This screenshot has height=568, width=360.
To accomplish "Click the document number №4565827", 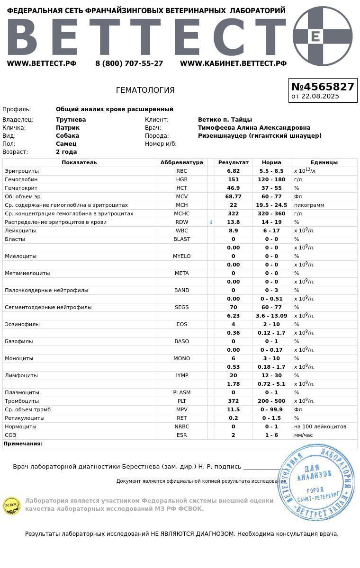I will click(x=323, y=87).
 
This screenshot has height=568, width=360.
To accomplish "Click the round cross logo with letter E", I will click(x=323, y=36).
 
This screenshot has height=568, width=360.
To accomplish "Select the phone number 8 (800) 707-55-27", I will click(x=129, y=63).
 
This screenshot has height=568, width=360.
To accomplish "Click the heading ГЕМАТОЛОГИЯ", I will click(x=145, y=90).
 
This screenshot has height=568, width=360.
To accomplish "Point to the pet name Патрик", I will click(x=68, y=128).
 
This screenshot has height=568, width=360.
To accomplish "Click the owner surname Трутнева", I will click(x=71, y=120).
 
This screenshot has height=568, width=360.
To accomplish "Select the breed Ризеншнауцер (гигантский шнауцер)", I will click(x=260, y=136).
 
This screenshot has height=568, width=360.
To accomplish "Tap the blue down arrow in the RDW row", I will click(x=211, y=222).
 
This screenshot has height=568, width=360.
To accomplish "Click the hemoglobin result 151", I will click(x=233, y=179).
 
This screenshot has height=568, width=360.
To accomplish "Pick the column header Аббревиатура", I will click(x=181, y=162).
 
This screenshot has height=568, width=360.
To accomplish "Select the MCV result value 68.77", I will click(x=233, y=196).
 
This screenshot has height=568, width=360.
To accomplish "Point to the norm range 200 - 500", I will click(x=271, y=401).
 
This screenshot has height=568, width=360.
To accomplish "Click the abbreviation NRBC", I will click(x=181, y=426).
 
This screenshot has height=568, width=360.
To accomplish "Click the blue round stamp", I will click(x=316, y=482).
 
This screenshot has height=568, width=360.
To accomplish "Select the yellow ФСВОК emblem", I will click(x=11, y=506).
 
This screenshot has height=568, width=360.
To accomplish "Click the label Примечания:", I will click(x=23, y=444).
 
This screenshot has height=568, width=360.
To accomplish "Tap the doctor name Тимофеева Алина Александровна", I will click(x=254, y=128).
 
